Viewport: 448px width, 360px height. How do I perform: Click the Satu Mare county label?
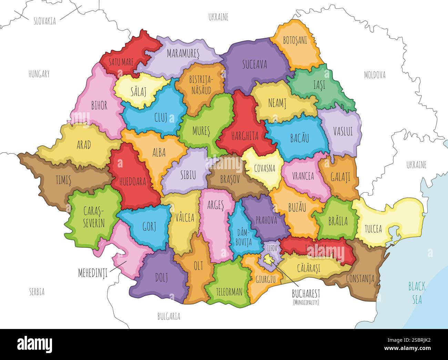click(x=121, y=62)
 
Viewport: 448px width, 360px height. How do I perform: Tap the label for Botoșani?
click(x=295, y=40)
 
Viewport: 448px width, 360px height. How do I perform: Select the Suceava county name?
click(x=254, y=64)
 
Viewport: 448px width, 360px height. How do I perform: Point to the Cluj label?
click(x=161, y=117)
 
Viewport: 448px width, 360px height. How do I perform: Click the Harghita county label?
click(x=245, y=136)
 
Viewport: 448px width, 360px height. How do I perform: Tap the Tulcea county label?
click(x=373, y=228)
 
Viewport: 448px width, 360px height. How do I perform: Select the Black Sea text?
click(x=417, y=293)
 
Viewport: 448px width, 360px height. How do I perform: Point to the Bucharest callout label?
click(x=306, y=294)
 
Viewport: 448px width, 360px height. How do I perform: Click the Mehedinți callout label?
click(x=93, y=273)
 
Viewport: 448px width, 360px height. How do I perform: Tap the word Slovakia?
click(x=44, y=21)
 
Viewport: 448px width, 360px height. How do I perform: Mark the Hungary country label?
click(x=39, y=74)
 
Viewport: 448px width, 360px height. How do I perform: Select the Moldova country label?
click(x=375, y=75)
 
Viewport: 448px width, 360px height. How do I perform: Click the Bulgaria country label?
click(x=169, y=316)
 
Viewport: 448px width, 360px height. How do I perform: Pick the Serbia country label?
click(x=37, y=292)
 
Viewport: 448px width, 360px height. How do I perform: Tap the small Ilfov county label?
click(x=271, y=248)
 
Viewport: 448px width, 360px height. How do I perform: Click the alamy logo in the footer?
click(x=34, y=344)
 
